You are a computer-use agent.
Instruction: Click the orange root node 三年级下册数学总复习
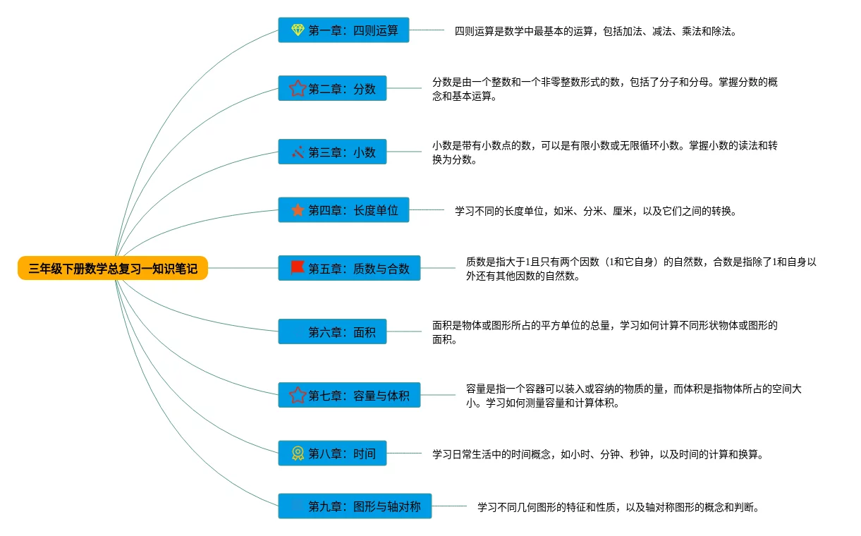[113, 268]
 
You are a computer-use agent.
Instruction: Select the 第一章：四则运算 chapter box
[343, 30]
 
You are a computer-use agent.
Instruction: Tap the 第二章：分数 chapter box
[332, 89]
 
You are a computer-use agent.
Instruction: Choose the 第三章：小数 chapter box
[332, 152]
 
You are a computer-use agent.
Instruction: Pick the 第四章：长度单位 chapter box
[343, 210]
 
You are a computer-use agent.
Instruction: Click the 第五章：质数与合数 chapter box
[349, 268]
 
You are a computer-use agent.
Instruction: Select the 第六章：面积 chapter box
[332, 331]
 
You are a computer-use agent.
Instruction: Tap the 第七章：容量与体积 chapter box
[349, 396]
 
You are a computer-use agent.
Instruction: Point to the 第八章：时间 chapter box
[332, 453]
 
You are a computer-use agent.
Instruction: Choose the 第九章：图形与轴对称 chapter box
[355, 506]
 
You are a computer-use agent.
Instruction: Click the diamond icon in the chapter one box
[298, 30]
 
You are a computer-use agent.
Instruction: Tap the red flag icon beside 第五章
[298, 268]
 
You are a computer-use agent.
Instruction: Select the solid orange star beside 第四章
[298, 210]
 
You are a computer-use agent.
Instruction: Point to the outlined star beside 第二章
[298, 89]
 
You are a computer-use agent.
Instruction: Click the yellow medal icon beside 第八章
[298, 453]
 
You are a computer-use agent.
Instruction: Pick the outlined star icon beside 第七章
[298, 396]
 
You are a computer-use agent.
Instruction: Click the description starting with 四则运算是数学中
[595, 31]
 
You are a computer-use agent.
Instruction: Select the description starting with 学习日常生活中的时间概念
[598, 454]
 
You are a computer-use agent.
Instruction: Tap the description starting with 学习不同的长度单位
[595, 210]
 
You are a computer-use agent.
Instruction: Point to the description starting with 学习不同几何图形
[618, 506]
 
